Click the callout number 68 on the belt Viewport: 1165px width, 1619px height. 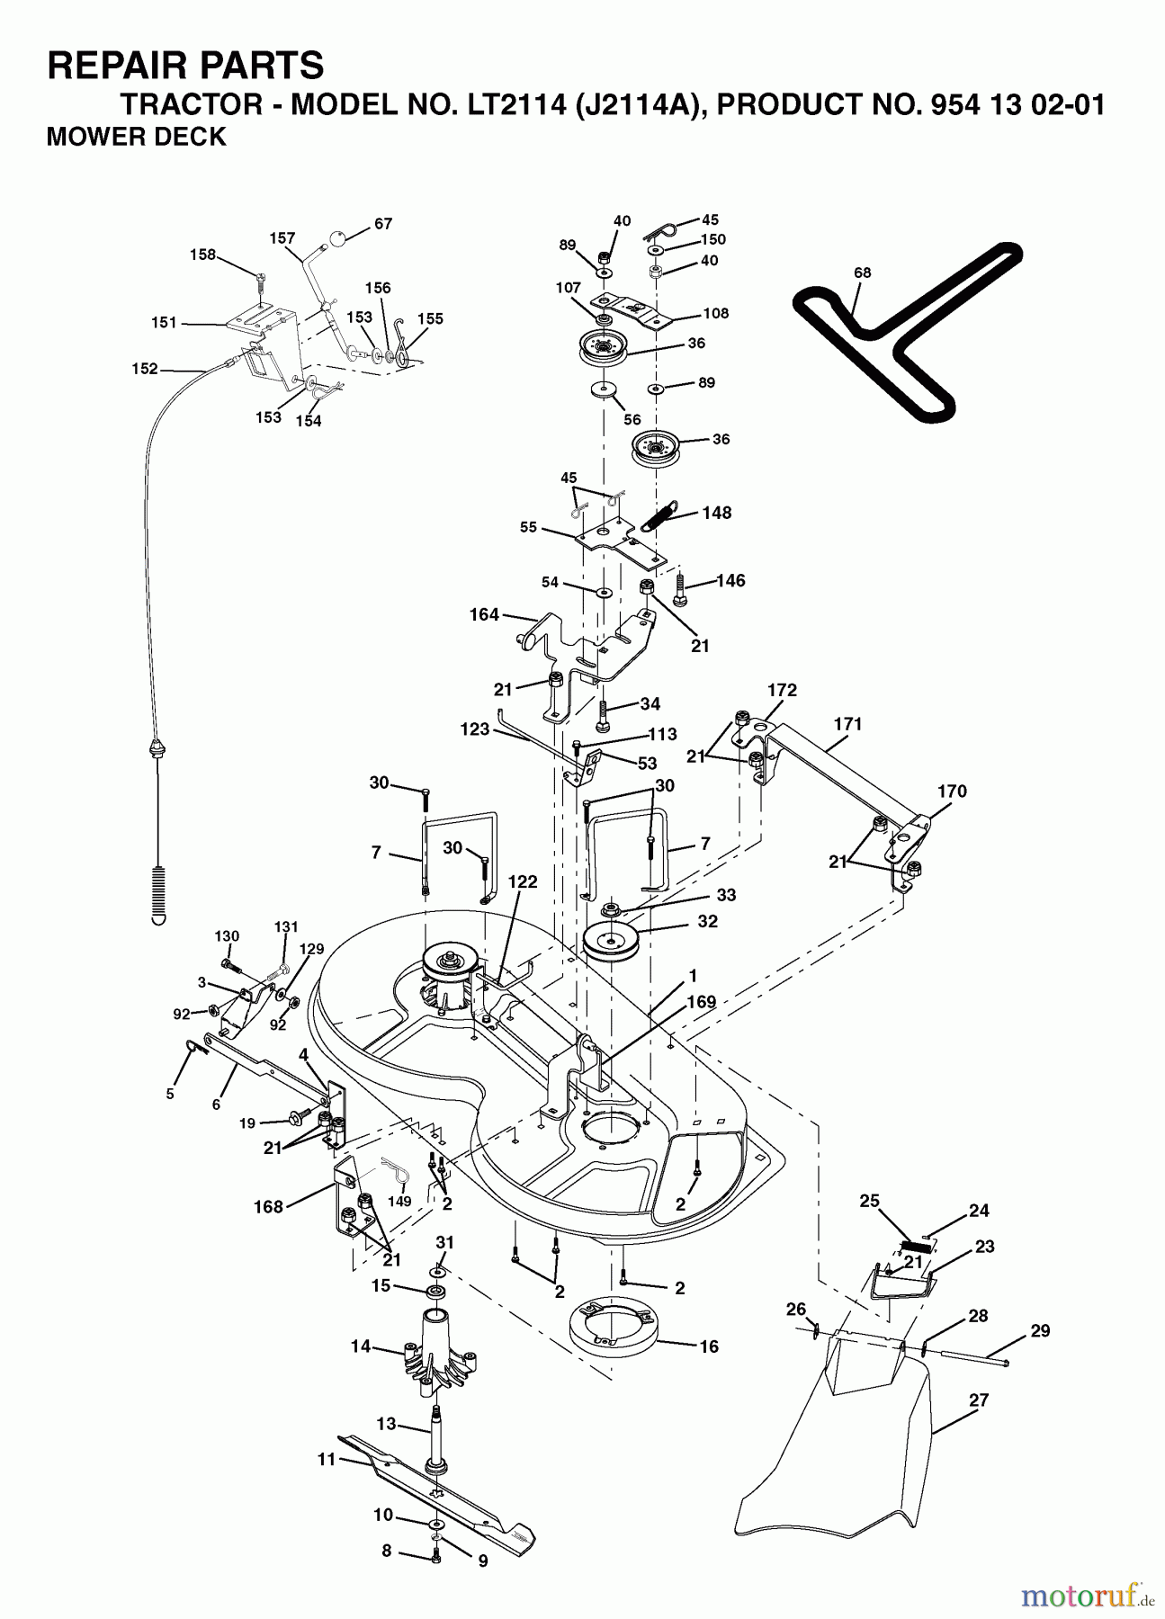coord(862,273)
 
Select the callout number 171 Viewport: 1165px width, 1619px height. coord(847,723)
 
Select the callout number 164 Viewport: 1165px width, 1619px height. coord(484,615)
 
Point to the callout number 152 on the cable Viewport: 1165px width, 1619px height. coord(144,369)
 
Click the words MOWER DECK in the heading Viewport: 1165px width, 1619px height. coord(136,137)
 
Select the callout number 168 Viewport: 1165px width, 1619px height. coord(268,1206)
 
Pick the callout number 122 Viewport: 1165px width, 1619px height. coord(522,881)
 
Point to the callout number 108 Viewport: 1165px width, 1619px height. coord(716,313)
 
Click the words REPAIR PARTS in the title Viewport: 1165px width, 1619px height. coord(184,65)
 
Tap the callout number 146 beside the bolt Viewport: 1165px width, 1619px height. coord(730,580)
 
